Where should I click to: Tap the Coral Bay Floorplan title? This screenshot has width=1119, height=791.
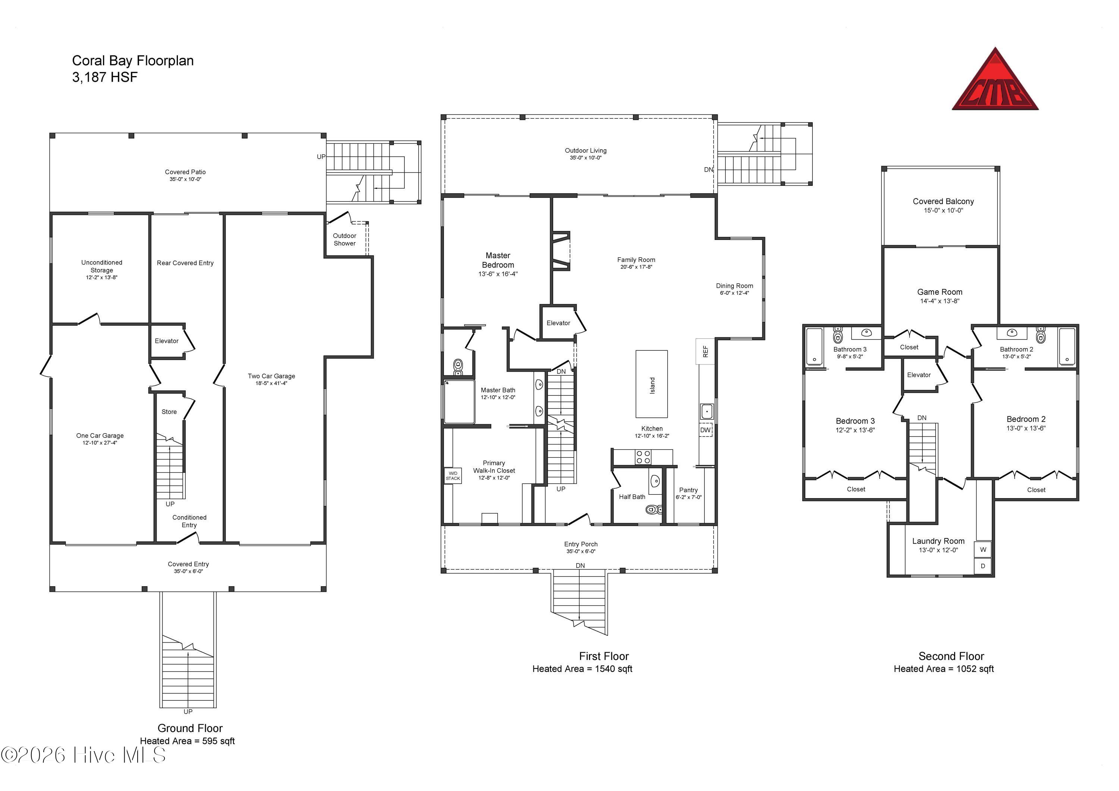click(x=133, y=61)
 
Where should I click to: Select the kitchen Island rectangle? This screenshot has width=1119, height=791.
click(x=652, y=384)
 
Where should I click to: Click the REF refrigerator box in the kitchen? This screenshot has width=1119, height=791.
click(x=705, y=351)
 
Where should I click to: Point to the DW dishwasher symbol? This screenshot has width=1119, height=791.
click(x=705, y=430)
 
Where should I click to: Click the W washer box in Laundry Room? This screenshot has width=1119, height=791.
click(x=983, y=549)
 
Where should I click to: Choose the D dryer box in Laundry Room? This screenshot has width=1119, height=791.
click(x=983, y=566)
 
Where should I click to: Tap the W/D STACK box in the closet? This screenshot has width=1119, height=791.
click(x=453, y=476)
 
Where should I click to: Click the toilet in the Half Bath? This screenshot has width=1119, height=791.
click(x=653, y=509)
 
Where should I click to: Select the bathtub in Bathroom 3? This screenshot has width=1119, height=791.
click(x=814, y=347)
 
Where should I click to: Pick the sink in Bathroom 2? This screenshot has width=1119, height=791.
click(x=1012, y=333)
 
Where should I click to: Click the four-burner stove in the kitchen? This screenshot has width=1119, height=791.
click(x=643, y=457)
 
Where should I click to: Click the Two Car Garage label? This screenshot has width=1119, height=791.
click(x=272, y=376)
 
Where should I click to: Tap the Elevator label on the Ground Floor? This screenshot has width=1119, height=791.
click(x=167, y=341)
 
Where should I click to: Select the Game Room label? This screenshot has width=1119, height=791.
click(x=940, y=292)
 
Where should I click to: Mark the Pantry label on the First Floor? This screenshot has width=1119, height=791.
click(x=689, y=490)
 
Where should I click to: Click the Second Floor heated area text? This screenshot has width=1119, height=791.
click(x=944, y=669)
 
